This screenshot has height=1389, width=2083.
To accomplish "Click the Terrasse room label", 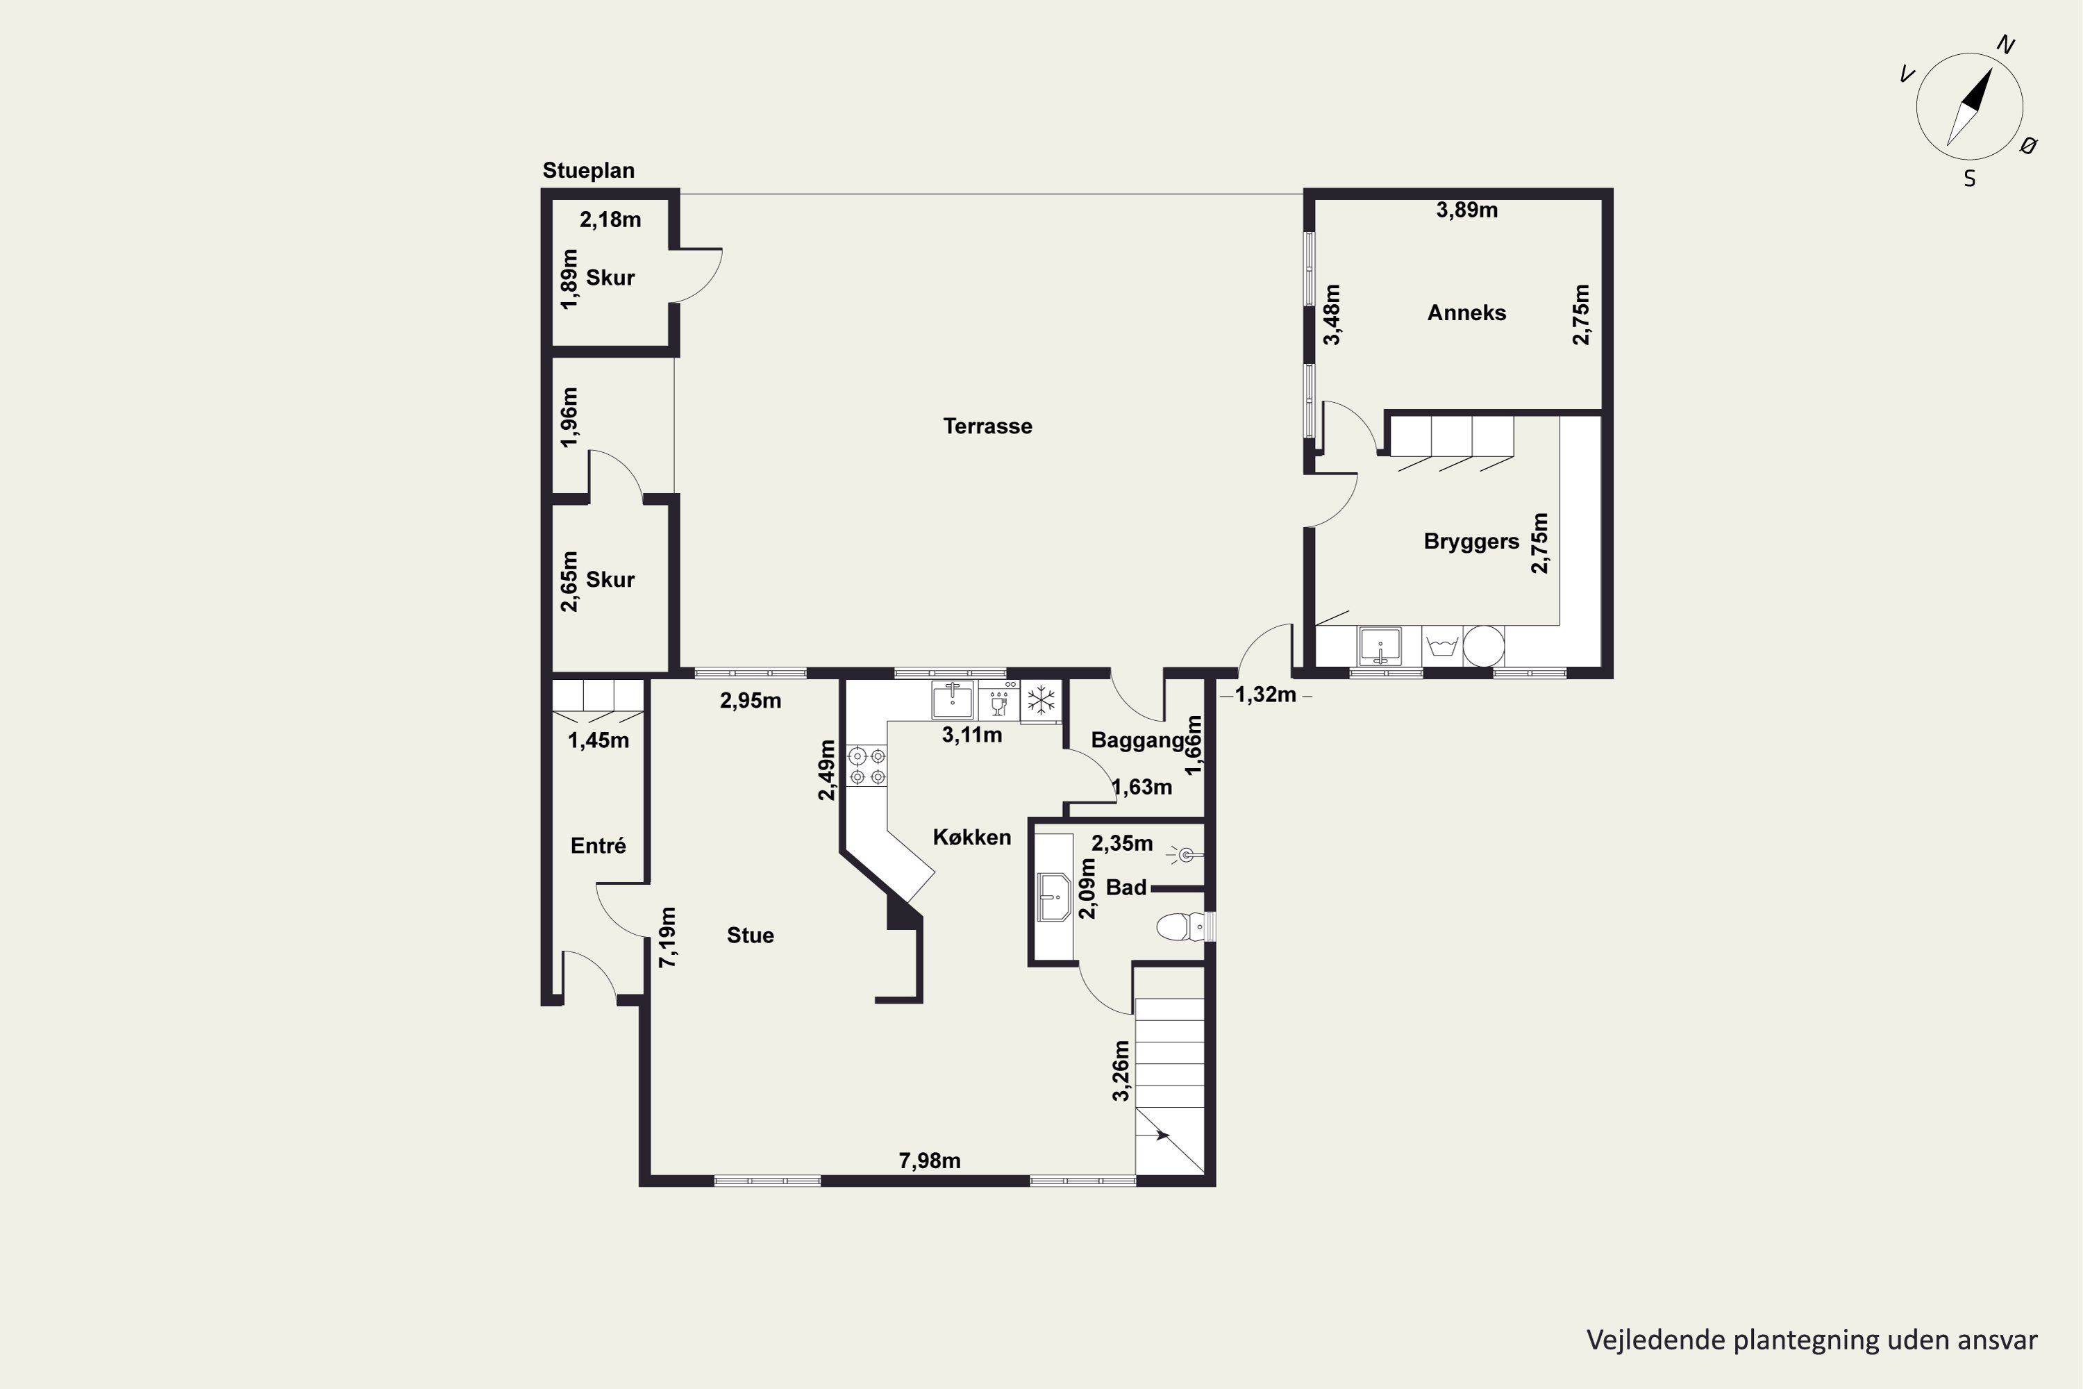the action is [x=987, y=426].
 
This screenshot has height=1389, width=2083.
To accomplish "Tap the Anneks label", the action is [x=1466, y=313].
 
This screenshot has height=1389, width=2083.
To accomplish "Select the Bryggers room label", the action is [x=1471, y=541].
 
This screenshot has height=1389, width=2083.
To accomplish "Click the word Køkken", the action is [x=971, y=837].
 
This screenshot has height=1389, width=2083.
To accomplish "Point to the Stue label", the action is [x=750, y=935].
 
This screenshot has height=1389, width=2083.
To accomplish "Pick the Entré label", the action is [x=598, y=846].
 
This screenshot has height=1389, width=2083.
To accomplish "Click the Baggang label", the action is [x=1137, y=740].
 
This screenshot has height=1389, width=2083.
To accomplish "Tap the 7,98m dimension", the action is [x=930, y=1161].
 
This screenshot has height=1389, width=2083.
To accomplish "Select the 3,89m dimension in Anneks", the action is [x=1466, y=210].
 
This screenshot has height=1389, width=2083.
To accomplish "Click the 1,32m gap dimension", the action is [x=1266, y=694].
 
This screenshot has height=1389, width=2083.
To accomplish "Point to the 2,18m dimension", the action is [x=610, y=219].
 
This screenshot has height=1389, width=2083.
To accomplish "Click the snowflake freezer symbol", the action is [x=1041, y=700].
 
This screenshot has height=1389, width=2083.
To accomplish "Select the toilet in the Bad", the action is [x=1180, y=927].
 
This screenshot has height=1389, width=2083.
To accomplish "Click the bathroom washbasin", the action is [x=1054, y=897].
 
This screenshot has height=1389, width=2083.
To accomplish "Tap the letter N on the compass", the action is [x=2006, y=45].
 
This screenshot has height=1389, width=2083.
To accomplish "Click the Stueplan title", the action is [x=588, y=170].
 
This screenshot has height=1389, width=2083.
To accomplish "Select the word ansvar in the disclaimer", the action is [x=1993, y=1340].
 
